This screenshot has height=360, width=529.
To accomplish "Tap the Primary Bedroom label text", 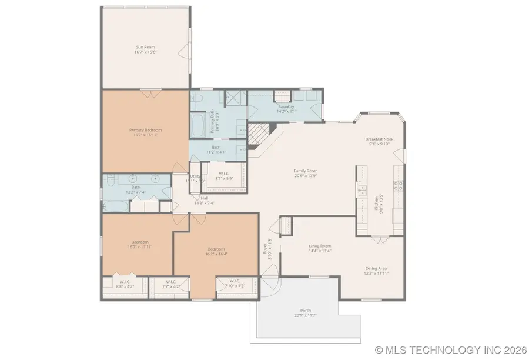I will (x=145, y=130).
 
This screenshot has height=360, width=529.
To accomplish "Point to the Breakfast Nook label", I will (x=379, y=139).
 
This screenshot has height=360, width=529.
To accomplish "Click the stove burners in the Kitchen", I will (x=398, y=186).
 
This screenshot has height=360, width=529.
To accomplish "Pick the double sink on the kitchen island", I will (x=360, y=192).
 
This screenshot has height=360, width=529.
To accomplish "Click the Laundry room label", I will (x=287, y=106).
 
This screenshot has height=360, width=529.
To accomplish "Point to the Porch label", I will (x=306, y=311).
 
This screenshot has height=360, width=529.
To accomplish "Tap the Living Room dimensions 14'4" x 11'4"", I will (x=320, y=251).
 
